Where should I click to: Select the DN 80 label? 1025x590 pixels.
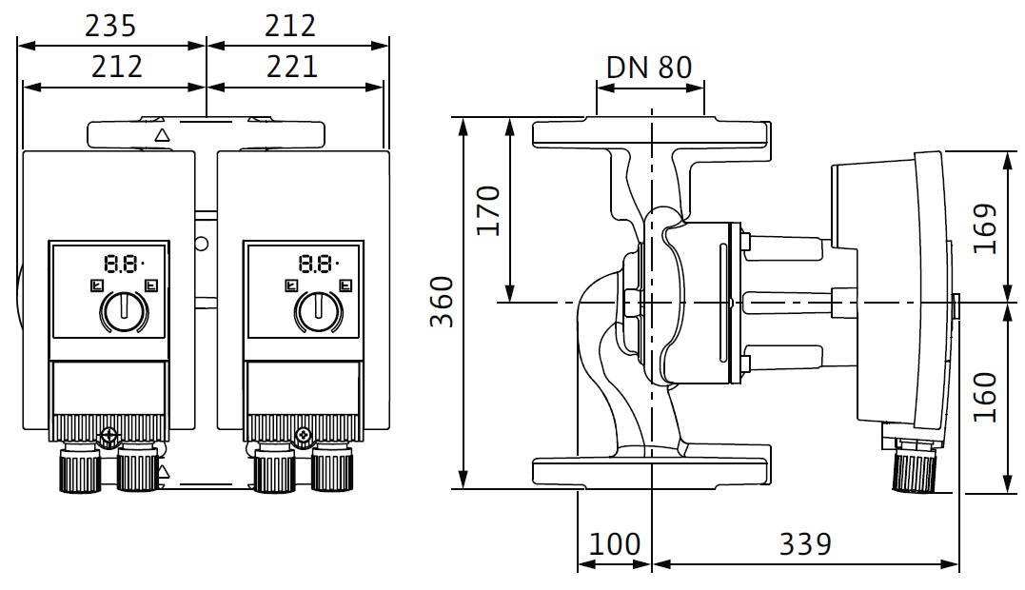pyautogui.click(x=650, y=68)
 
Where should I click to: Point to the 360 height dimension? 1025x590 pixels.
pyautogui.click(x=441, y=302)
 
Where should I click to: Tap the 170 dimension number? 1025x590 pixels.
pyautogui.click(x=488, y=211)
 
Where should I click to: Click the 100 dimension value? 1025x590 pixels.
pyautogui.click(x=615, y=545)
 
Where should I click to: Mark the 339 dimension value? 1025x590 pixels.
pyautogui.click(x=805, y=545)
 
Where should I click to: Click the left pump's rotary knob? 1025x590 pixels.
pyautogui.click(x=123, y=310)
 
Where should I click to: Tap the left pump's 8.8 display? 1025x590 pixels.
pyautogui.click(x=125, y=264)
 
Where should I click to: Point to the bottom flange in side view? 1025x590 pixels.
pyautogui.click(x=650, y=471)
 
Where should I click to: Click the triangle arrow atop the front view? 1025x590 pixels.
pyautogui.click(x=161, y=135)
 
